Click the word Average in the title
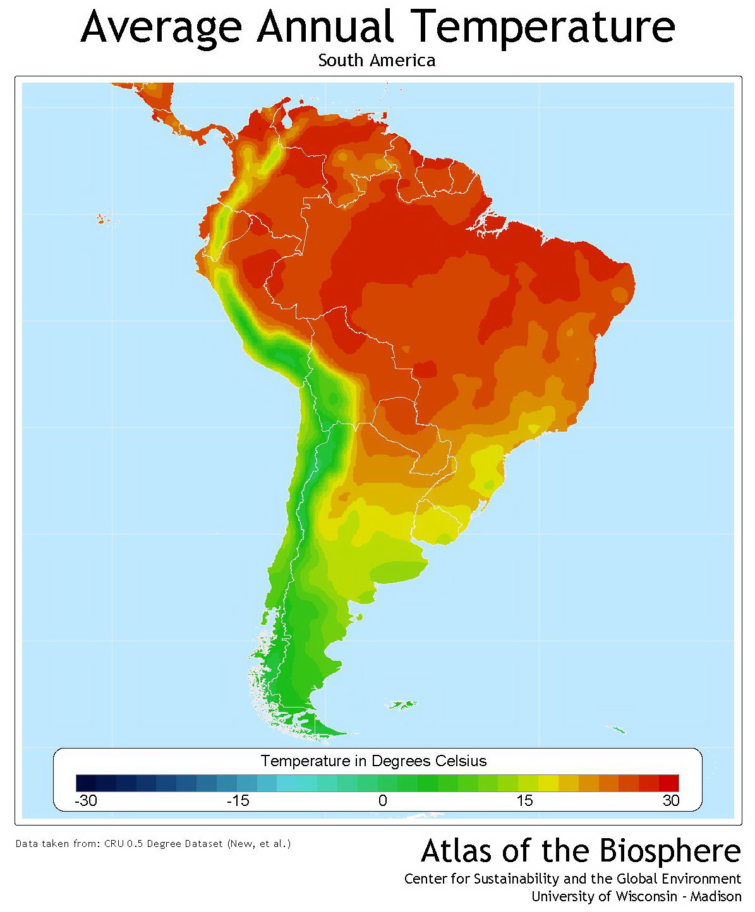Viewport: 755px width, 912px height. click(161, 27)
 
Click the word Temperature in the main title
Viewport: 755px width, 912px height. click(544, 27)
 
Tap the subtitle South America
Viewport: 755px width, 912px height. click(377, 61)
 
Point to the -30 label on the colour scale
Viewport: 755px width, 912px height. click(86, 801)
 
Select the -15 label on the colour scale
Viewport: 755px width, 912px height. click(238, 801)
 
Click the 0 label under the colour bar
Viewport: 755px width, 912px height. click(382, 801)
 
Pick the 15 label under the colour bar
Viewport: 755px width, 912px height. click(524, 801)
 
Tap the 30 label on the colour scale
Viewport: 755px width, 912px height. click(670, 801)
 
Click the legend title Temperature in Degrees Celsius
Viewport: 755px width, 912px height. click(374, 761)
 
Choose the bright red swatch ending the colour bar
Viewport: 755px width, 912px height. click(668, 783)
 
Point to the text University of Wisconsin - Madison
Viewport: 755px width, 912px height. click(636, 896)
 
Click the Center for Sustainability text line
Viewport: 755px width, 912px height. click(572, 879)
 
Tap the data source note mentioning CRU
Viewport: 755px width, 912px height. click(153, 843)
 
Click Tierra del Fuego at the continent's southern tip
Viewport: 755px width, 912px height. click(316, 726)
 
